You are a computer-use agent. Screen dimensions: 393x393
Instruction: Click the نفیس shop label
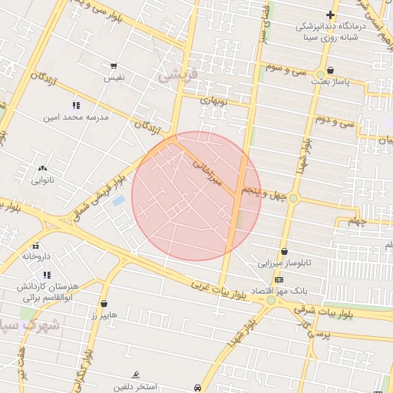click(x=114, y=78)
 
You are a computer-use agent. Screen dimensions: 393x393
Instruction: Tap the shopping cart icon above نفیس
click(x=114, y=66)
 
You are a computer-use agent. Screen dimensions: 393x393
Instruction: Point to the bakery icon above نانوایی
click(x=42, y=168)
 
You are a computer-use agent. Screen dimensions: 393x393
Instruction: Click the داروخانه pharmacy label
click(x=35, y=256)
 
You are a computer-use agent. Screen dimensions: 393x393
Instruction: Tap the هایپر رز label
click(x=103, y=315)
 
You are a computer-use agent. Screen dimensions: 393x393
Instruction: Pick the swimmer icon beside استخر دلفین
click(x=136, y=375)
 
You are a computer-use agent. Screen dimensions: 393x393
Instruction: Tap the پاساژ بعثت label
click(x=330, y=80)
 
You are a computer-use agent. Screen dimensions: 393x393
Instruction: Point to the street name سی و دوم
click(x=336, y=121)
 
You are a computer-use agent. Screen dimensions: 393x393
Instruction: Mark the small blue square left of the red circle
click(x=119, y=200)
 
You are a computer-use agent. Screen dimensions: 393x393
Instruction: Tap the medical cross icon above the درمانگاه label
click(x=330, y=15)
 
